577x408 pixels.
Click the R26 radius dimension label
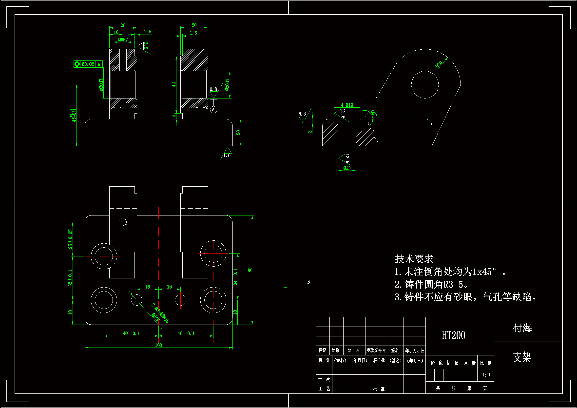click(x=439, y=64)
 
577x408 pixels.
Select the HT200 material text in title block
click(x=453, y=335)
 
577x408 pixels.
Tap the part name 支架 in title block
click(x=522, y=357)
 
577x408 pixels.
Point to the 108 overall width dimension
click(x=158, y=345)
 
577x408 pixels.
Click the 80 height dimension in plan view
click(x=250, y=270)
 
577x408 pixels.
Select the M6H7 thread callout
click(x=123, y=40)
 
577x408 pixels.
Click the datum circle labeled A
click(x=213, y=110)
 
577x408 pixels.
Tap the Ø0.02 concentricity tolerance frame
click(x=88, y=64)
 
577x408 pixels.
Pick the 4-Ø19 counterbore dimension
click(x=347, y=105)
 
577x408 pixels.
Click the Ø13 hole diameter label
click(x=347, y=168)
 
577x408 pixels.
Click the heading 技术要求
click(x=414, y=259)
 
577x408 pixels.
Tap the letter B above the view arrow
click(x=308, y=282)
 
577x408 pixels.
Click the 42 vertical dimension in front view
click(x=174, y=85)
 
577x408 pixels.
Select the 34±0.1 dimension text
click(x=235, y=276)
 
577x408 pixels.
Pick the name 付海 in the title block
click(x=522, y=328)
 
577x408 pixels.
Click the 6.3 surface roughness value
click(x=302, y=114)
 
